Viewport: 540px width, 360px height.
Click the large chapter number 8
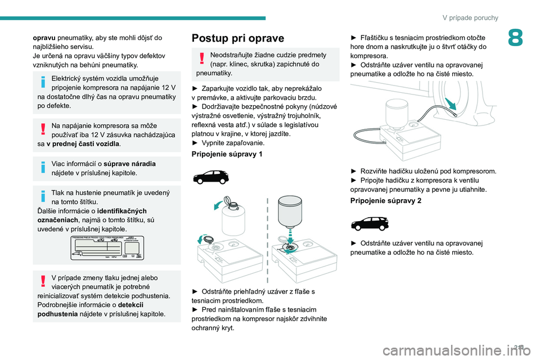[x=515, y=38]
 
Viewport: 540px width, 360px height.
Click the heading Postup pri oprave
[x=238, y=38]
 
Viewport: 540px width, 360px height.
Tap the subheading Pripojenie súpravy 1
[x=227, y=154]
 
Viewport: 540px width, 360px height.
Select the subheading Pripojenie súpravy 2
[x=386, y=200]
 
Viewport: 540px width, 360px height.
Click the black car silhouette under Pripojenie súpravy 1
[x=211, y=177]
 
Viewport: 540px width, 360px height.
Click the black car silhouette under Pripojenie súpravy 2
[x=370, y=223]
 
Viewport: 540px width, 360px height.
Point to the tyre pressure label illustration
[x=107, y=247]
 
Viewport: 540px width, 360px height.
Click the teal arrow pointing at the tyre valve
[x=451, y=103]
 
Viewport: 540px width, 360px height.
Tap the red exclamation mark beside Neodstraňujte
[x=202, y=58]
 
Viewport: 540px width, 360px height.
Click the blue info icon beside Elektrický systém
[x=43, y=82]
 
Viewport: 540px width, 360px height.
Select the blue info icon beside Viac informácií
[x=43, y=166]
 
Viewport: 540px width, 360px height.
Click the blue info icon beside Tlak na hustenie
[x=43, y=196]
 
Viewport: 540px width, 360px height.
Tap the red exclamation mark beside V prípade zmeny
[x=43, y=281]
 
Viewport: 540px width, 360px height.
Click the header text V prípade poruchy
[x=470, y=17]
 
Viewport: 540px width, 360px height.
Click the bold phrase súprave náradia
[x=129, y=164]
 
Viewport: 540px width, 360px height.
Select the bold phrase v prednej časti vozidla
[x=83, y=143]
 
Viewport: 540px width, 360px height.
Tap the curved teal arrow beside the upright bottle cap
[x=219, y=205]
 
